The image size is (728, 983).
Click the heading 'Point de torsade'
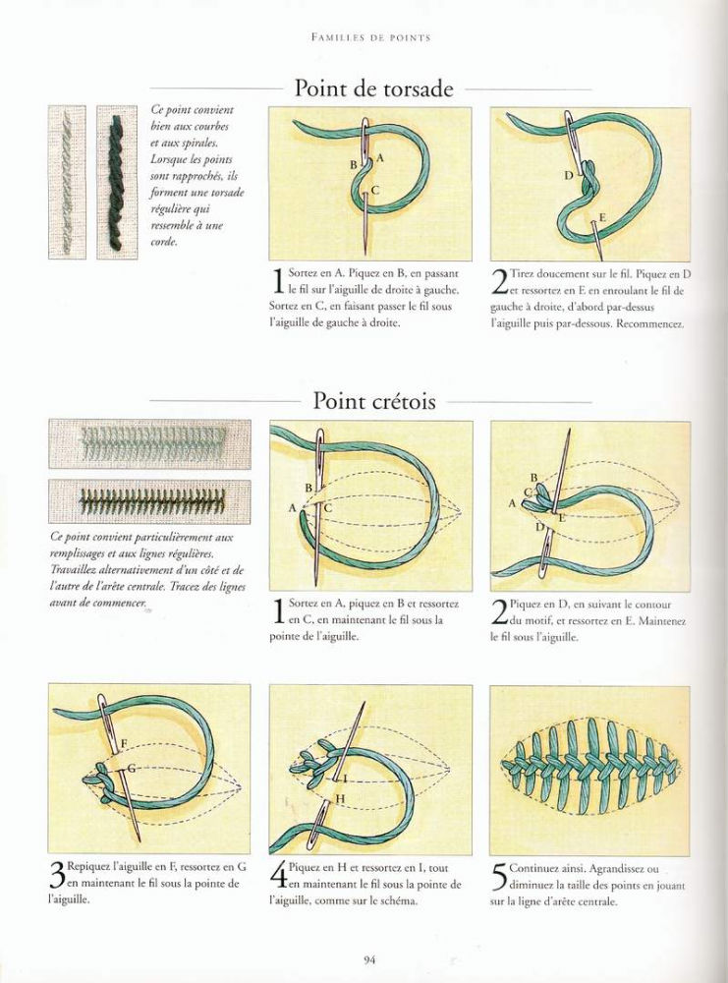click(x=373, y=88)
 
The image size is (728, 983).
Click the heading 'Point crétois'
click(x=374, y=401)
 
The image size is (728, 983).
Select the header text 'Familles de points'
click(x=370, y=37)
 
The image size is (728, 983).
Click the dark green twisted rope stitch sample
click(x=117, y=182)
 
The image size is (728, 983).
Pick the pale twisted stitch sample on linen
click(x=67, y=182)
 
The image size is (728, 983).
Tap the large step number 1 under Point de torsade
click(x=279, y=280)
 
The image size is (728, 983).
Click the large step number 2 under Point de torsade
click(x=499, y=280)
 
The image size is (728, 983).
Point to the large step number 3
click(x=57, y=873)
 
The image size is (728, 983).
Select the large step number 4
click(x=278, y=873)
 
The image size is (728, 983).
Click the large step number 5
click(x=499, y=873)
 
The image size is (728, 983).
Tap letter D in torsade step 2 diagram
click(x=568, y=175)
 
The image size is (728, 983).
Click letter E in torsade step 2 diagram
click(x=601, y=216)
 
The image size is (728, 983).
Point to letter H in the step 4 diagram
click(x=340, y=799)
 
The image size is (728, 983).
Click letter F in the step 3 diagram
click(x=123, y=743)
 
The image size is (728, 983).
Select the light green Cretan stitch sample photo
click(x=150, y=443)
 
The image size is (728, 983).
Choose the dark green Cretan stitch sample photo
click(x=150, y=500)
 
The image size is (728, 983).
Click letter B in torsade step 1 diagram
click(x=354, y=165)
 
